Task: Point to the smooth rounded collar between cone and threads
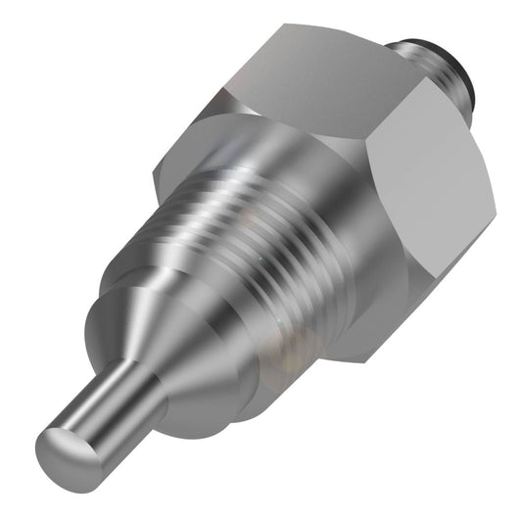tap(211, 333)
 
